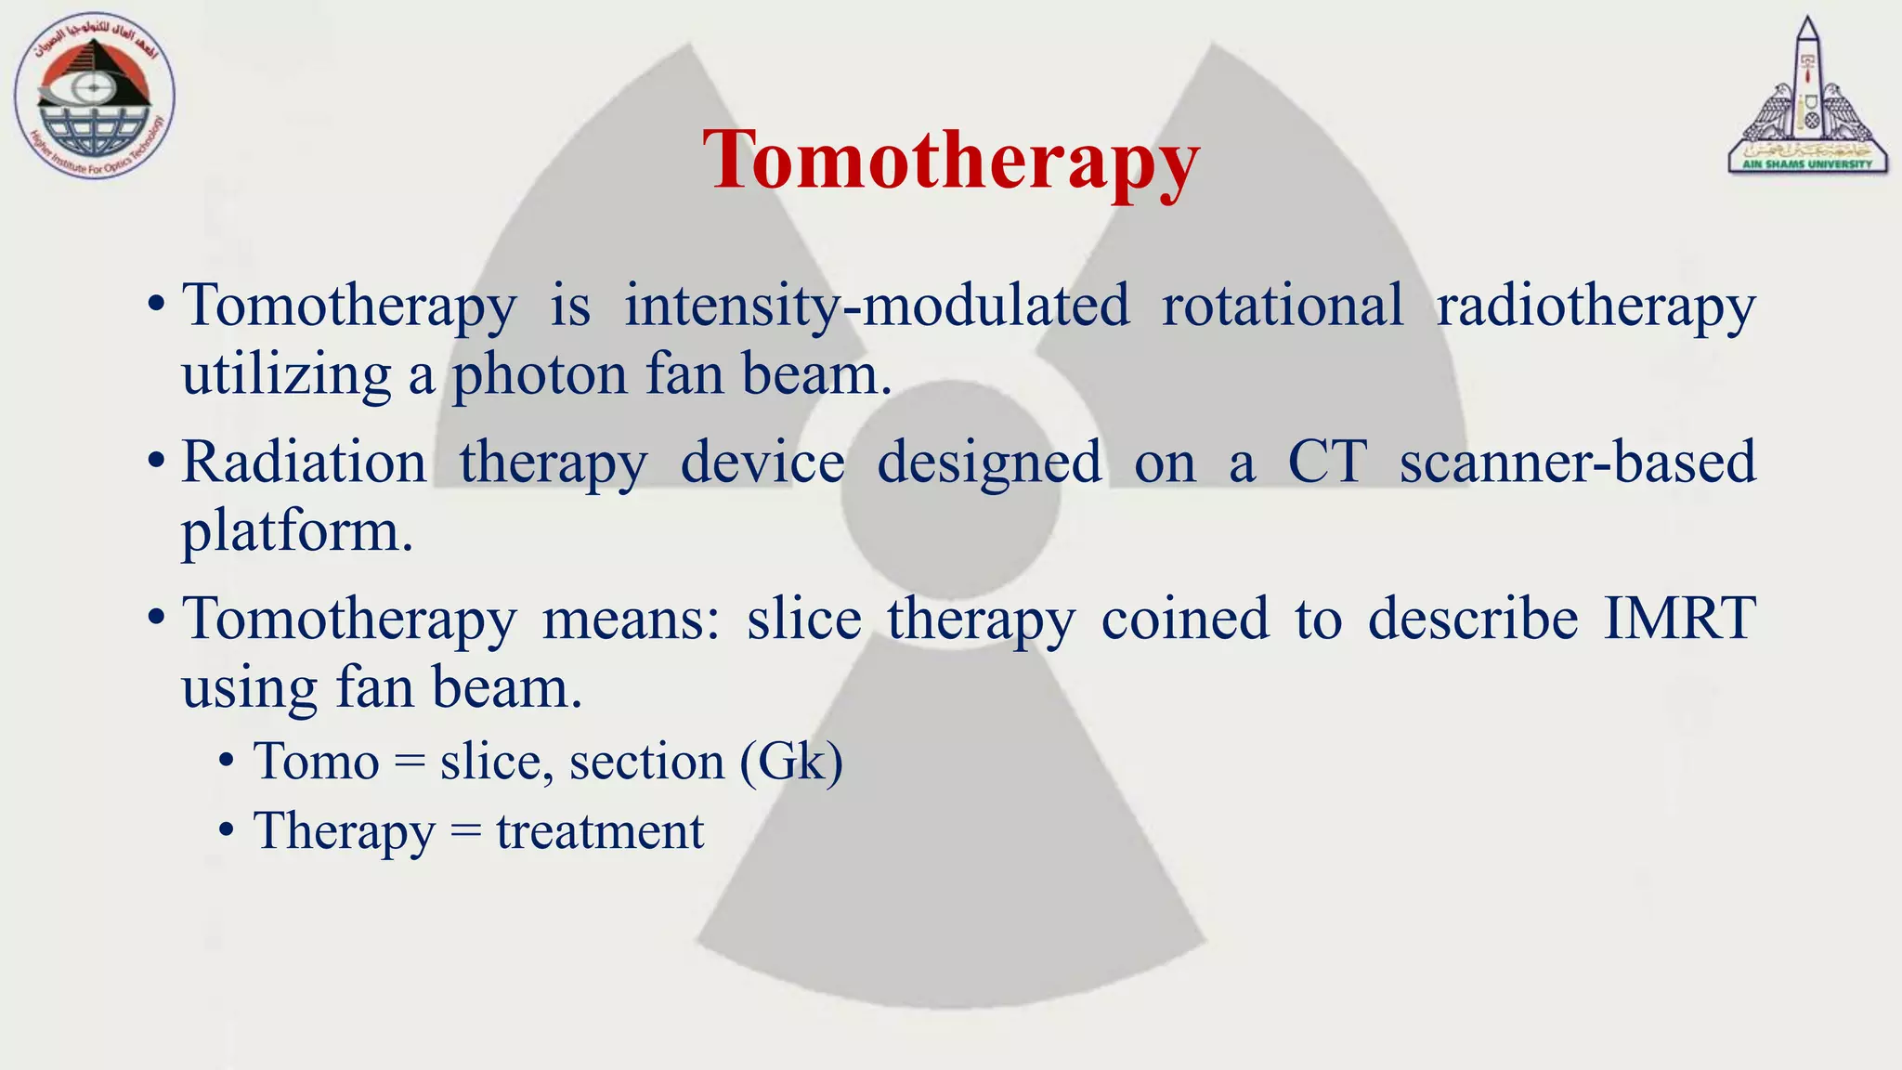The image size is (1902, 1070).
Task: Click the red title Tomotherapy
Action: pyautogui.click(x=950, y=161)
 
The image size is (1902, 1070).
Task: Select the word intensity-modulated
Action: pyautogui.click(x=877, y=306)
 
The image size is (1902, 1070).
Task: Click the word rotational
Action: pyautogui.click(x=1283, y=305)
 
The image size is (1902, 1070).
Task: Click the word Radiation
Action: pyautogui.click(x=304, y=462)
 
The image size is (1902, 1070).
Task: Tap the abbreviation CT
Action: pyautogui.click(x=1327, y=462)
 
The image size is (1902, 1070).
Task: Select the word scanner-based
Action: pyautogui.click(x=1577, y=462)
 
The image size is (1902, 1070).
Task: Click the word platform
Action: pyautogui.click(x=295, y=533)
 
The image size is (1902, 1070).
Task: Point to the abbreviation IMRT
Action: pyautogui.click(x=1679, y=619)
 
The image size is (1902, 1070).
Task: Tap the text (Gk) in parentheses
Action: pyautogui.click(x=792, y=763)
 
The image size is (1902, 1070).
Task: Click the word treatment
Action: pyautogui.click(x=600, y=831)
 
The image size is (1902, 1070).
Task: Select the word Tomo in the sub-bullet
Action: pyautogui.click(x=317, y=763)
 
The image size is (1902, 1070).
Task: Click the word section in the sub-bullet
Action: pyautogui.click(x=646, y=763)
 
